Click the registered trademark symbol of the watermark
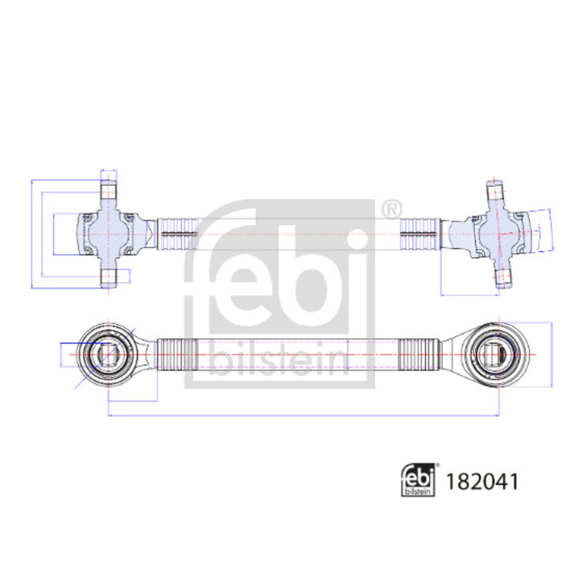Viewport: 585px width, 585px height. click(x=391, y=210)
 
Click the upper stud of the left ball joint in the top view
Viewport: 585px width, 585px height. click(x=109, y=191)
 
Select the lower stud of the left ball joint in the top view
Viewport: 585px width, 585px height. click(x=109, y=278)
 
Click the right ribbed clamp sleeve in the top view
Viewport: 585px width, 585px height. click(x=420, y=234)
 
